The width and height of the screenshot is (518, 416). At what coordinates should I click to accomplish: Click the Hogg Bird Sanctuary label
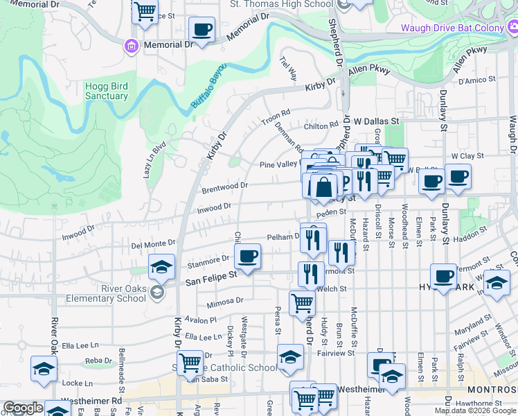[x=106, y=91]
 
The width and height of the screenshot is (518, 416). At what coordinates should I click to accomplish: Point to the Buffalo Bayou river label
[x=209, y=91]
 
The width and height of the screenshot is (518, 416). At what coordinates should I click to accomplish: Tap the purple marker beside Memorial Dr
[x=129, y=46]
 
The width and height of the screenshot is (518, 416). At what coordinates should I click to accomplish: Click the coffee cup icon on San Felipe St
[x=247, y=258]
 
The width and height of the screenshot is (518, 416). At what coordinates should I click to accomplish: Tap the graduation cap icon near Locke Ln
[x=44, y=370]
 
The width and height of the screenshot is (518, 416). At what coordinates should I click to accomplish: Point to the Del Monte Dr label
[x=154, y=244]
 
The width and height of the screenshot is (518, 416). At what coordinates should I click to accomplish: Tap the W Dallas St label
[x=377, y=121]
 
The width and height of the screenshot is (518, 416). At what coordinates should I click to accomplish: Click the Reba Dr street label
[x=98, y=361]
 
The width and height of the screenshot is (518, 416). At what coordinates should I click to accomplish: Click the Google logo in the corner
[x=23, y=408]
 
